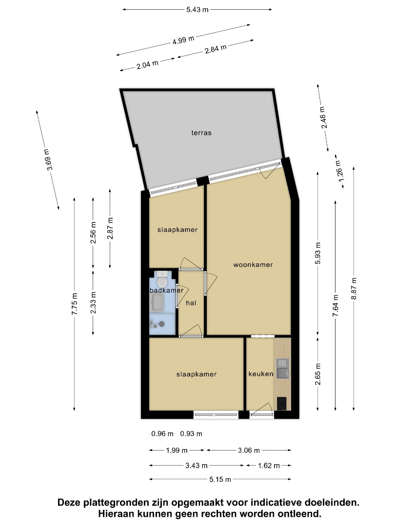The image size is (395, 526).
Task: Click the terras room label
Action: point(201,133)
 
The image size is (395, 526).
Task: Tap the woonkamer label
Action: point(253,264)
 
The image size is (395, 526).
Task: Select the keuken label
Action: point(260,374)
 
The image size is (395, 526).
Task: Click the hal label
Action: point(191,303)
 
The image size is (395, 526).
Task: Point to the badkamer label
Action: point(167,290)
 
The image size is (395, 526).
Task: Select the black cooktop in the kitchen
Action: point(282,404)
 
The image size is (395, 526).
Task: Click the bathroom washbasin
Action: point(157,302)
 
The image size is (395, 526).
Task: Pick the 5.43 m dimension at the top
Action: point(197,10)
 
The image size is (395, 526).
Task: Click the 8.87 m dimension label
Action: point(354,289)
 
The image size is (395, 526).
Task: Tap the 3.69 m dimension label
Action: point(49,160)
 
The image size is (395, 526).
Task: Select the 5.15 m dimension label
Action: point(220,479)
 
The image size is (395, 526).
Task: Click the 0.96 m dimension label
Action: point(162,434)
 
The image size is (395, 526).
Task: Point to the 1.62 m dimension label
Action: point(269,466)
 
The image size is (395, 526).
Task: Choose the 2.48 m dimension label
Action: point(323,117)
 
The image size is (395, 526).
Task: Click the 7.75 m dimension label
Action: point(75,303)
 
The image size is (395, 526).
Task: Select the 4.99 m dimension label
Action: point(183,40)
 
